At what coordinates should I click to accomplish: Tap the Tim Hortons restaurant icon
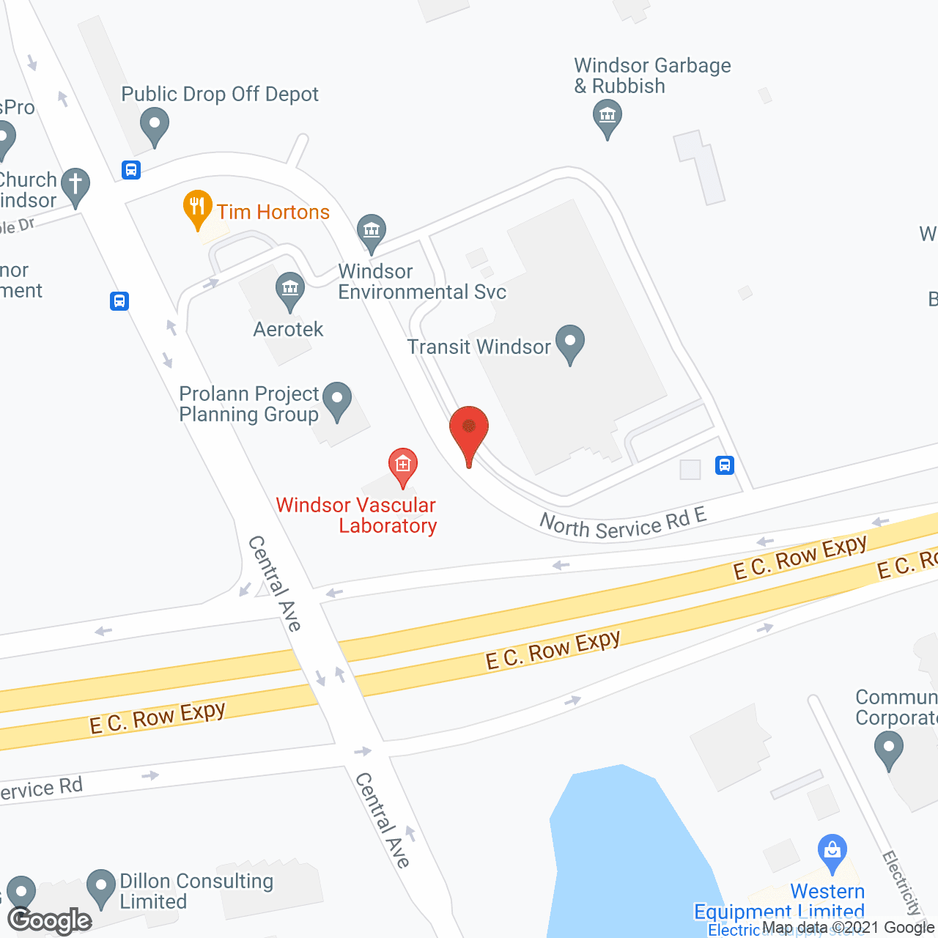[x=197, y=207]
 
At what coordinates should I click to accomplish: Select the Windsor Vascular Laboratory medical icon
[x=402, y=465]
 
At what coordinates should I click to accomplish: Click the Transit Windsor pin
[x=569, y=343]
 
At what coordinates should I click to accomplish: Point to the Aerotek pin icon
[x=290, y=289]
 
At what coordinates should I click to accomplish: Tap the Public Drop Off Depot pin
[x=154, y=125]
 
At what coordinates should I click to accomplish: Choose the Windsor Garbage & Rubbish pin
[x=607, y=117]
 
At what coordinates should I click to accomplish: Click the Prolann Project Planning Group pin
[x=337, y=400]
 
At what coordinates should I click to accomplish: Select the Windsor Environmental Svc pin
[x=372, y=232]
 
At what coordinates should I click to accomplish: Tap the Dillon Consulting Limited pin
[x=101, y=887]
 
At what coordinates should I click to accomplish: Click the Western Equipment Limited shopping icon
[x=832, y=852]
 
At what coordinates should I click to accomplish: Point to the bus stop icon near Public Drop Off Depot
[x=131, y=170]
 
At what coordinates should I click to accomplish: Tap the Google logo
[x=50, y=920]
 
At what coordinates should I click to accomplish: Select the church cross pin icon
[x=75, y=185]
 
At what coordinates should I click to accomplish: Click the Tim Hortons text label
[x=273, y=212]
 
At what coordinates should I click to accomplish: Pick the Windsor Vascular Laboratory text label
[x=356, y=515]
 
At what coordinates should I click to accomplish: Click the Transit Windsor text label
[x=479, y=347]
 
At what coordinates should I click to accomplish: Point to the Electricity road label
[x=902, y=883]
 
